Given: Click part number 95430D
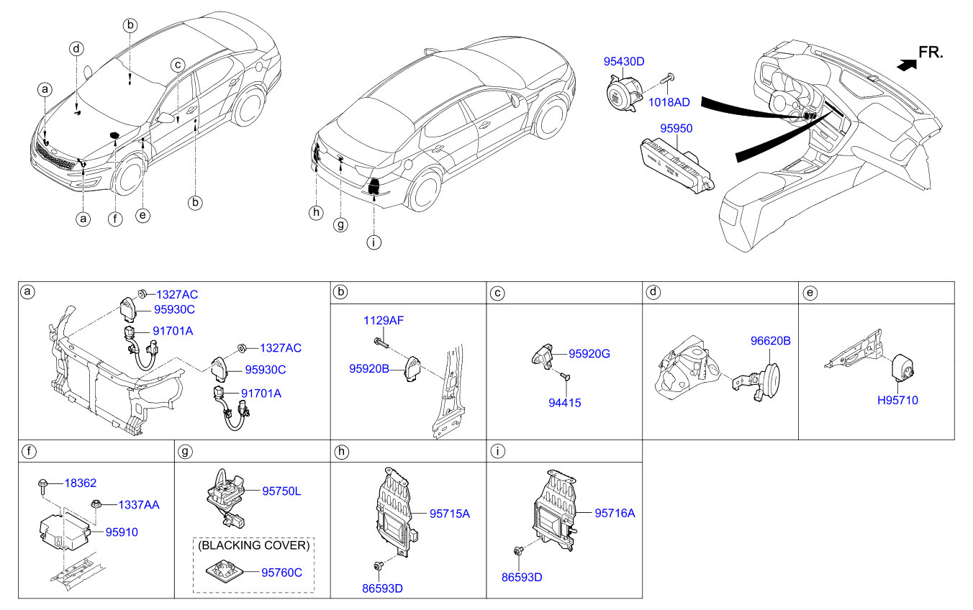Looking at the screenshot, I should [x=623, y=63].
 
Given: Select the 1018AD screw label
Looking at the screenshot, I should [x=669, y=103].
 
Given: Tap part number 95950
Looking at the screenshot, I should [x=676, y=127].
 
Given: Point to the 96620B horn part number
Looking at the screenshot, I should [x=769, y=341].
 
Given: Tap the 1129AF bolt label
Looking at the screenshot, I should [x=383, y=320].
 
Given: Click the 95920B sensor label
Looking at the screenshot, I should [x=369, y=368].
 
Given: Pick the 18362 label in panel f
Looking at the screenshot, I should [x=80, y=483].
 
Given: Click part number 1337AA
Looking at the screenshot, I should [x=139, y=505].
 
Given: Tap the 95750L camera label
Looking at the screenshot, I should [x=281, y=491].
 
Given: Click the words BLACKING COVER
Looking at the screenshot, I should [x=254, y=545].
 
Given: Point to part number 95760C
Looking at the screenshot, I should [x=281, y=573].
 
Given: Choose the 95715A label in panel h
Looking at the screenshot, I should [x=449, y=514].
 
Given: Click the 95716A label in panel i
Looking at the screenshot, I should [x=615, y=513].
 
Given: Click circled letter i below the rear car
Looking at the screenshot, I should [x=373, y=243].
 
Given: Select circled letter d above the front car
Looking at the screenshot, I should [x=76, y=49].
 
